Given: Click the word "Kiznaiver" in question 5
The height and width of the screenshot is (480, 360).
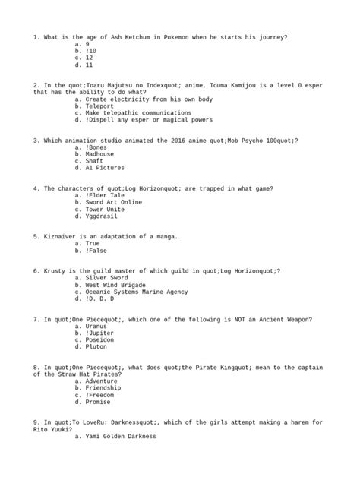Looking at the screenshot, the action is tap(59, 236).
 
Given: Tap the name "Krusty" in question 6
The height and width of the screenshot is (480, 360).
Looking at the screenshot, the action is tap(55, 270).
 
